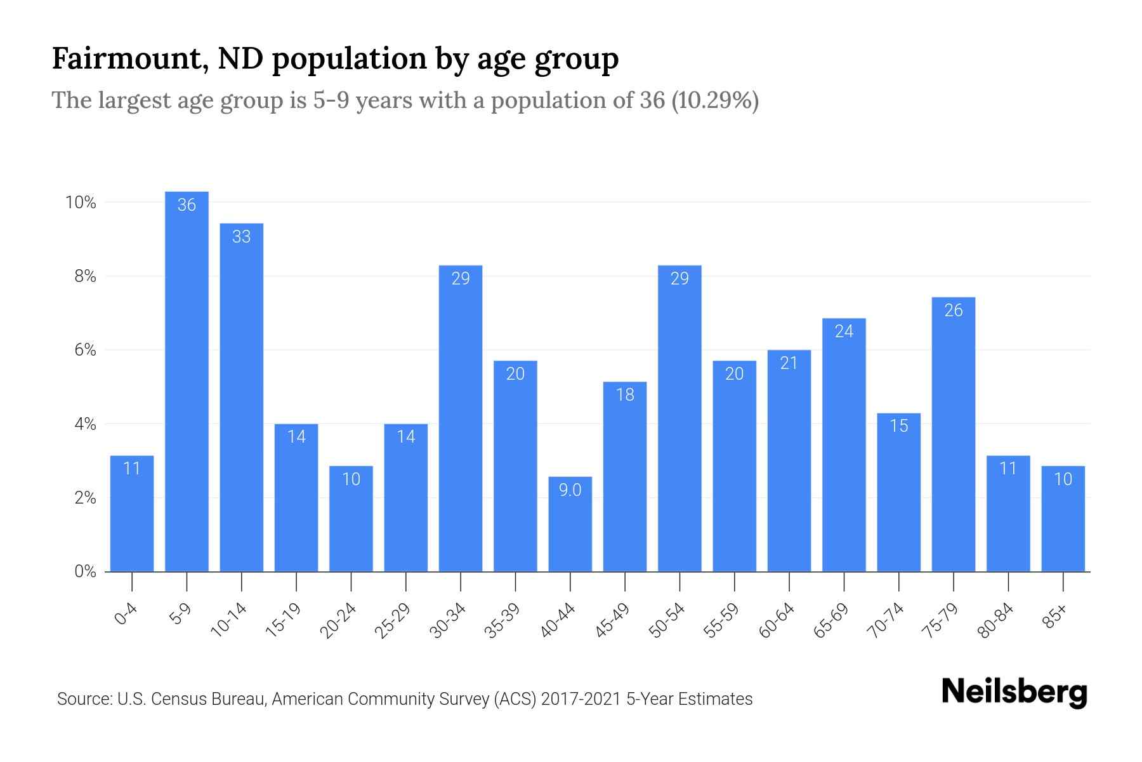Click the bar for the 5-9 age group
(187, 381)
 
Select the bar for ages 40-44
(570, 524)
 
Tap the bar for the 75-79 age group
(953, 434)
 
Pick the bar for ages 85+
(1063, 519)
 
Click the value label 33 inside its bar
(241, 237)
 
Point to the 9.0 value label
(570, 490)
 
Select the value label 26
(953, 311)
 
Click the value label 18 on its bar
(625, 395)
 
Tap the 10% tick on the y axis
(81, 203)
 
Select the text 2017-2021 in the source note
(581, 699)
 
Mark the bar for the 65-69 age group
(844, 444)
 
